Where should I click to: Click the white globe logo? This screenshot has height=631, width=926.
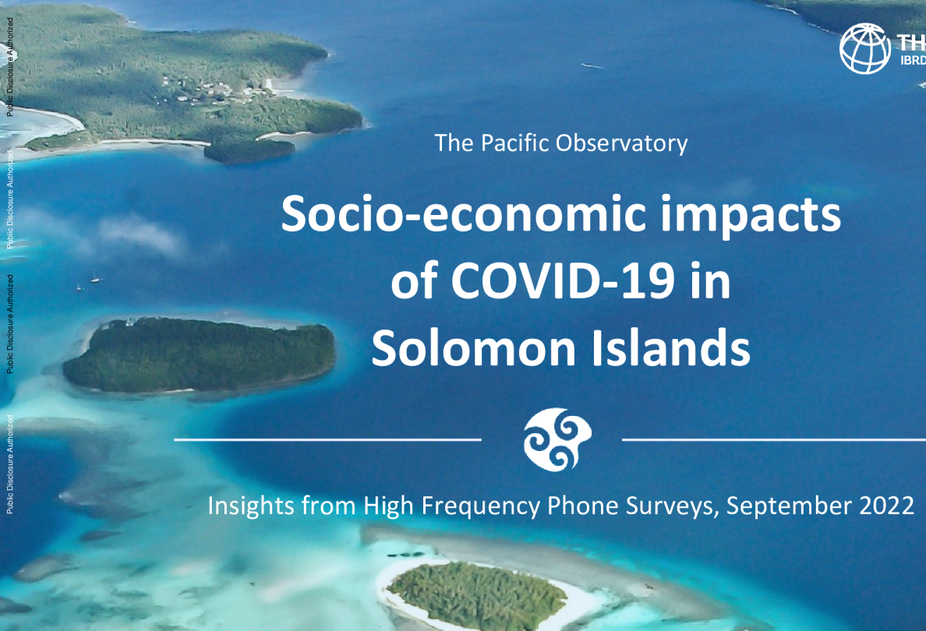[x=864, y=48]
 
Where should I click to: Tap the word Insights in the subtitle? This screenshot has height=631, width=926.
[x=248, y=506]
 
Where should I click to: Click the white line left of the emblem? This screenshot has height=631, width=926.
[x=327, y=439]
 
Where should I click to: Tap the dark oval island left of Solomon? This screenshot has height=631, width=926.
[x=200, y=355]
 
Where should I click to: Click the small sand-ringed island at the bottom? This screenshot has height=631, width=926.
[x=475, y=596]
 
